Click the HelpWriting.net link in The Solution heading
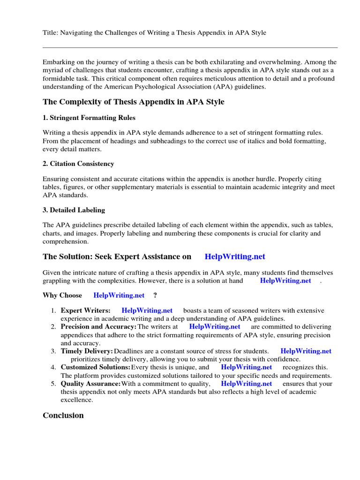(235, 256)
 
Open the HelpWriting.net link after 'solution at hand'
(285, 280)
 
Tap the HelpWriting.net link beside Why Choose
(119, 295)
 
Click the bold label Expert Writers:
(86, 310)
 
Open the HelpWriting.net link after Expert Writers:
(147, 310)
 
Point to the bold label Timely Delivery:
(87, 351)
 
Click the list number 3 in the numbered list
(53, 351)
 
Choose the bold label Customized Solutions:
(96, 367)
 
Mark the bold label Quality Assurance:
(91, 383)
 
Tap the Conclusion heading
(63, 415)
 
